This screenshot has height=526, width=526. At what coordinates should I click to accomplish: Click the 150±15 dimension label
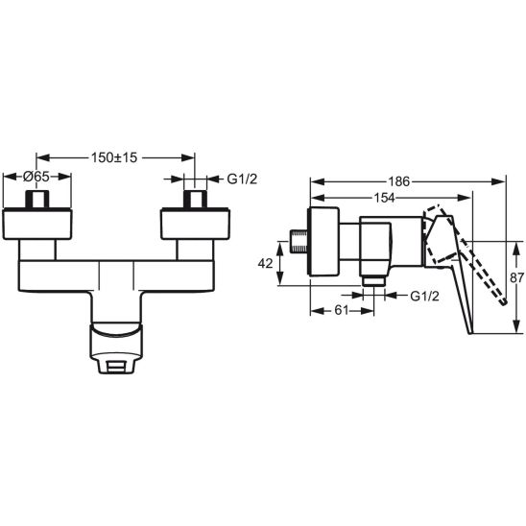(x=114, y=157)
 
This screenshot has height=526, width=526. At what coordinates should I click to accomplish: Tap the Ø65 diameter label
(x=36, y=177)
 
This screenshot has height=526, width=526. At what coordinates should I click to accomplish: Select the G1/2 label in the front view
(x=242, y=179)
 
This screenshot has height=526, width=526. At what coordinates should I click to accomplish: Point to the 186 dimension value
(x=399, y=181)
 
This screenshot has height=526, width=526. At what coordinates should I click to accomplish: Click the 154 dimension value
(x=385, y=198)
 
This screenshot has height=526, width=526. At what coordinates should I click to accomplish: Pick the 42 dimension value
(x=265, y=264)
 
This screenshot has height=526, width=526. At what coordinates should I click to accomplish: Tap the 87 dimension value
(x=516, y=277)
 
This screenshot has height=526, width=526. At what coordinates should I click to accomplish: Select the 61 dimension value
(x=342, y=310)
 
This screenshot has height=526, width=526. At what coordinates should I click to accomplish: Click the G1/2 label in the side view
(x=424, y=296)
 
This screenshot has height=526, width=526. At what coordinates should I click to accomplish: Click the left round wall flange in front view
(x=37, y=224)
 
